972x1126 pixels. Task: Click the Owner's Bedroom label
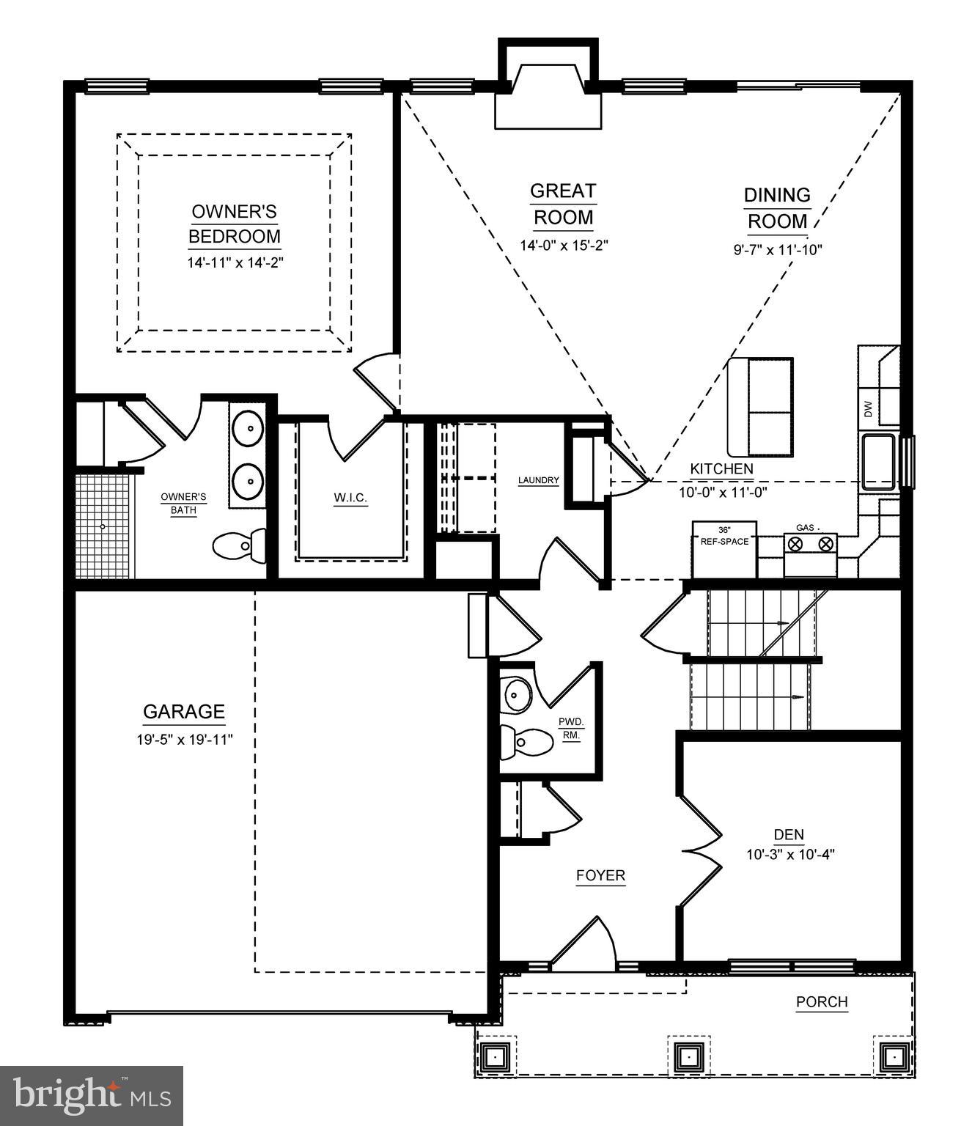(x=235, y=224)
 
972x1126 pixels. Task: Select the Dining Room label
(x=777, y=208)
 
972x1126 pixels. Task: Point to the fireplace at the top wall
(x=548, y=95)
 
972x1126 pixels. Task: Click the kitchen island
(x=760, y=408)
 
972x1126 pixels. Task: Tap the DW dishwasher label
(x=869, y=409)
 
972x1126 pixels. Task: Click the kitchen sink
(x=878, y=462)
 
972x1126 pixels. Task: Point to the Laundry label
(x=538, y=481)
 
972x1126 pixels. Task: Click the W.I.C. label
(x=350, y=498)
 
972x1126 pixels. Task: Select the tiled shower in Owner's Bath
(x=104, y=526)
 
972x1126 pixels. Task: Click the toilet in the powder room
(x=526, y=742)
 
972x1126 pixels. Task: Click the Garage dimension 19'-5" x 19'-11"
(x=184, y=740)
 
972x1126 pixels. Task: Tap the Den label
(x=789, y=834)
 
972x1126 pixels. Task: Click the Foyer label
(x=600, y=875)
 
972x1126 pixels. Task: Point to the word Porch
(x=822, y=1001)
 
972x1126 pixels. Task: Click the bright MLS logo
(x=92, y=1095)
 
